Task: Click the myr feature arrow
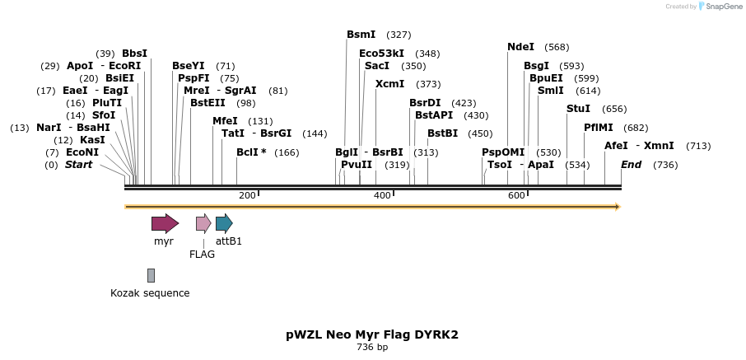tap(165, 223)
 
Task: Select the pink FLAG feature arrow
tap(203, 223)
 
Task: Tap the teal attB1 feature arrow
tap(224, 223)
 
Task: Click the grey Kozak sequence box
tap(151, 275)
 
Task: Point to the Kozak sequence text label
tap(150, 293)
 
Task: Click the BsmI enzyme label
tap(361, 35)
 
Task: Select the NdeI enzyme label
tap(520, 47)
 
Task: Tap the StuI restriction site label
tap(578, 109)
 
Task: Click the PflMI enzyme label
tap(598, 128)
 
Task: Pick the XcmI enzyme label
tap(389, 84)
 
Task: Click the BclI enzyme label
tap(251, 152)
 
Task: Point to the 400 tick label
tap(382, 195)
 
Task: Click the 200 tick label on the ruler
tap(247, 195)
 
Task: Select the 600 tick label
tap(516, 195)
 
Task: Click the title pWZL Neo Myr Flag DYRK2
tap(372, 334)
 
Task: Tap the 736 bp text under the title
tap(372, 348)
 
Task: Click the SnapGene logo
tap(714, 7)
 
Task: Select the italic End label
tap(631, 165)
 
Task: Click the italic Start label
tap(79, 165)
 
